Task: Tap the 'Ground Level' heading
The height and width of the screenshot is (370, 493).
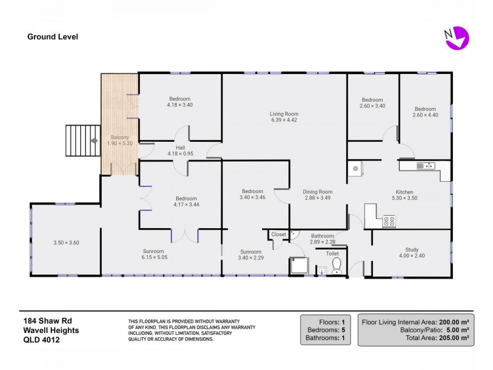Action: point(52,36)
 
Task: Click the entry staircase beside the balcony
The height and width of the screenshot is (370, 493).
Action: point(82,141)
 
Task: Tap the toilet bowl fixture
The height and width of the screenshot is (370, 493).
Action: point(336,265)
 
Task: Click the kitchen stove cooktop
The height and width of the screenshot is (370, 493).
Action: point(389,221)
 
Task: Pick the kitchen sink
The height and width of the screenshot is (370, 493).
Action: point(426,165)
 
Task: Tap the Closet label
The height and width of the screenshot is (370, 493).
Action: point(279,235)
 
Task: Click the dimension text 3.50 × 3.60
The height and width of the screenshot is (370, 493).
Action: point(66,242)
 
